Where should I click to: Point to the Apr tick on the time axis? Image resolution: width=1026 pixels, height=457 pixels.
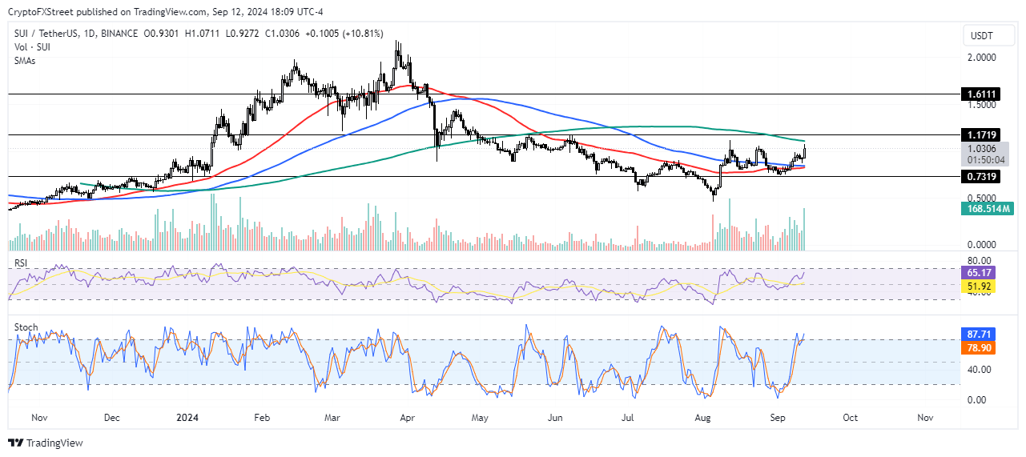pyautogui.click(x=407, y=418)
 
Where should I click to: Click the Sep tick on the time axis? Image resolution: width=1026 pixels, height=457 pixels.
pyautogui.click(x=776, y=418)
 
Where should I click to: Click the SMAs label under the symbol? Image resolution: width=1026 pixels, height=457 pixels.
pyautogui.click(x=25, y=61)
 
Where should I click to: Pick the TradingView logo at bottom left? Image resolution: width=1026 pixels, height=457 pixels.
pyautogui.click(x=46, y=443)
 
